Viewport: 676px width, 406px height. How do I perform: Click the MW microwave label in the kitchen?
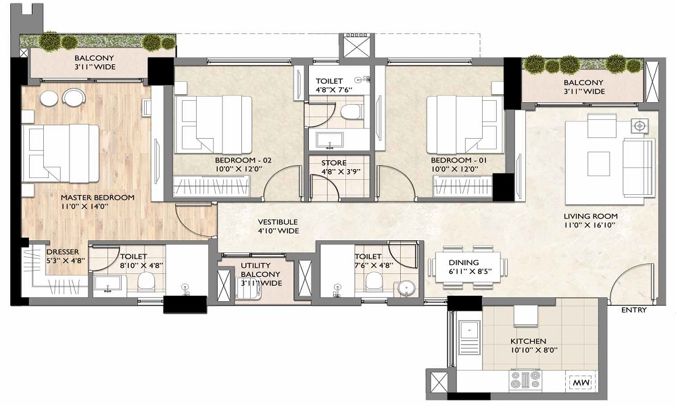581,383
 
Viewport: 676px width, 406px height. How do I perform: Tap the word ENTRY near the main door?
634,310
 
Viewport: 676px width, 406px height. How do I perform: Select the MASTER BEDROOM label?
97,198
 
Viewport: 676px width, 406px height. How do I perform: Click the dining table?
468,267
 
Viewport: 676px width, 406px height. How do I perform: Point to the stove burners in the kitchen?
525,380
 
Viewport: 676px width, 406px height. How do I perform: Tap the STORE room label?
334,162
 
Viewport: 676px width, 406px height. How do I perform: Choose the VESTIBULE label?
278,222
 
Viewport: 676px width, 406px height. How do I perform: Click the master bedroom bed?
60,153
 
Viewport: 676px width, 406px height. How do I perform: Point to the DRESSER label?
63,252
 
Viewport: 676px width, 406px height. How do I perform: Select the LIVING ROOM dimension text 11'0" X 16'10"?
589,225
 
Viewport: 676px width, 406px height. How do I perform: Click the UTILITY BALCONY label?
260,270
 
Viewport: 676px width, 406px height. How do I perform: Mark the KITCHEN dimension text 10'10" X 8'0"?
534,350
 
